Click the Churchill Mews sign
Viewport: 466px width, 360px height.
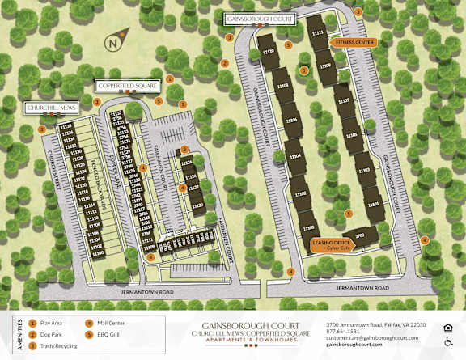50,108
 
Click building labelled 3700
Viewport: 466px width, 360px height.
360,235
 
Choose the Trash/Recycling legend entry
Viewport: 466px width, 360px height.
56,342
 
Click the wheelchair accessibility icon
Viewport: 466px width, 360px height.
448,341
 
